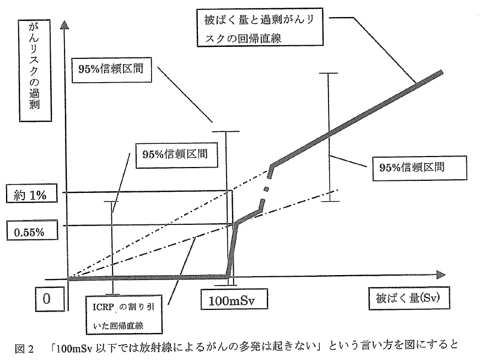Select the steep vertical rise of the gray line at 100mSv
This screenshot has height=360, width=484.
232,248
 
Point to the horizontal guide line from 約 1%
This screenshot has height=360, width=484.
143,192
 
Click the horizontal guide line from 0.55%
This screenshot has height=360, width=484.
143,225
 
